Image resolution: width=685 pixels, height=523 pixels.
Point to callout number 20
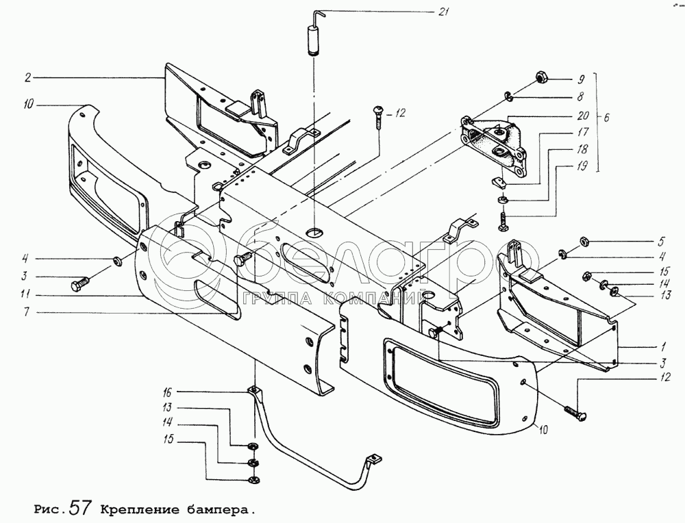(x=564, y=116)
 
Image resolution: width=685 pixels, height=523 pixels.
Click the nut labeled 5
(x=586, y=240)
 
